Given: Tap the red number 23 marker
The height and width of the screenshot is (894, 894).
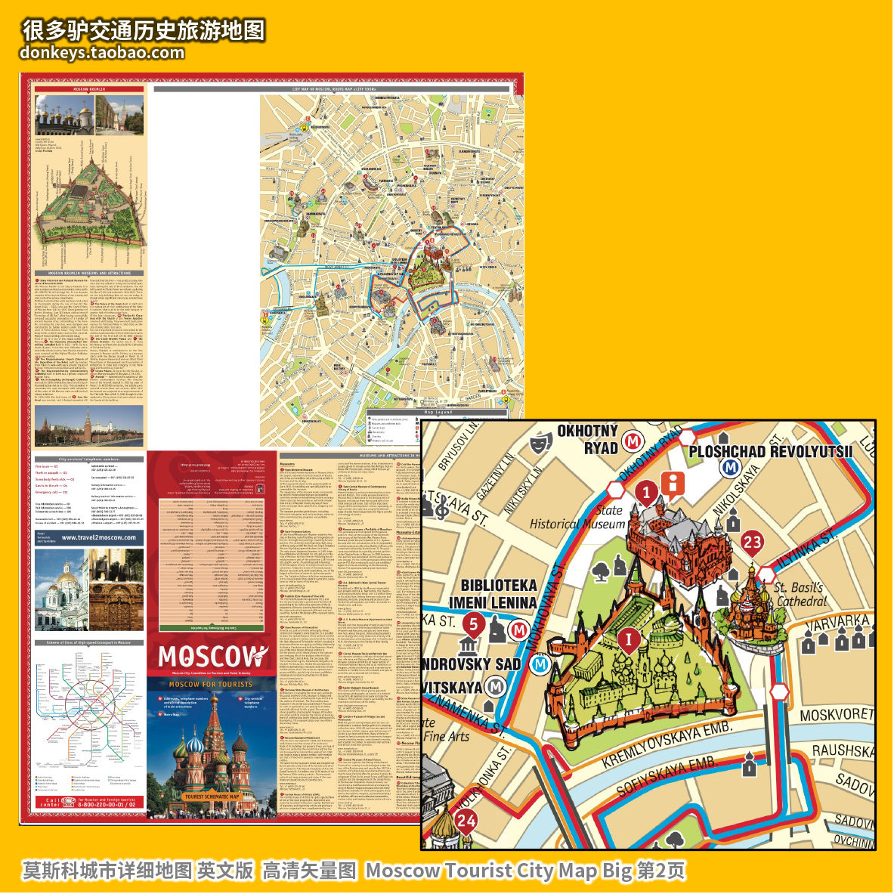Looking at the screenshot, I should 752,542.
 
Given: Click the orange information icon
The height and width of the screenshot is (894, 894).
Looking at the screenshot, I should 672,484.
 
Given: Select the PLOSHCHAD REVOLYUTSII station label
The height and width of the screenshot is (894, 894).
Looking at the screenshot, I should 770,451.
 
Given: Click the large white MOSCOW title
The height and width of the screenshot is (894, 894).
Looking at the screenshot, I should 213,656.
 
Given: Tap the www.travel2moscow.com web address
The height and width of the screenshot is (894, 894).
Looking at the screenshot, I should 99,538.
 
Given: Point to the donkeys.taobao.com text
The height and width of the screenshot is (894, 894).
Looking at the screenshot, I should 103,53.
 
